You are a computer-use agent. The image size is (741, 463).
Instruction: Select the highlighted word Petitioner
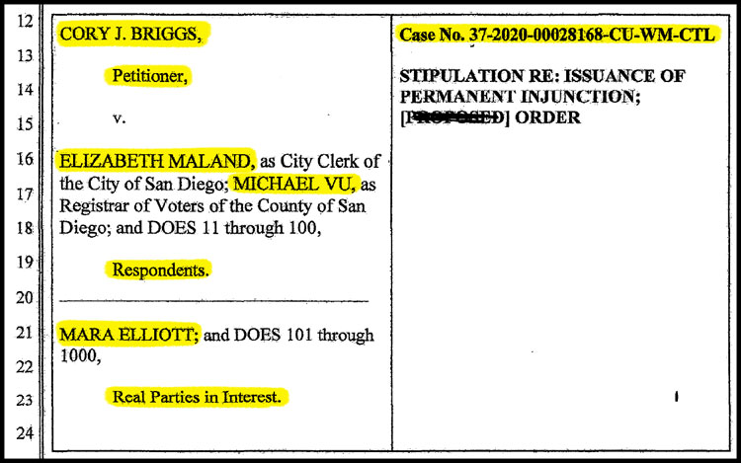148,75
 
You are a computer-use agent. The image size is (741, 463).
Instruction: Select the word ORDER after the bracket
547,118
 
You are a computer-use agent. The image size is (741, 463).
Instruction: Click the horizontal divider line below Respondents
213,300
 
